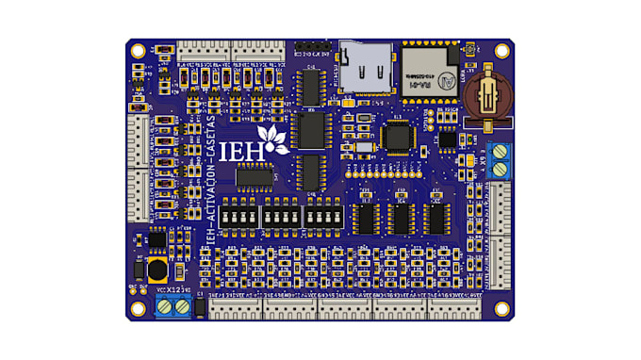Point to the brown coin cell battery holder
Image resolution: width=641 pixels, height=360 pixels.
488,95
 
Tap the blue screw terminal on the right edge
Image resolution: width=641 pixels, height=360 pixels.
501,161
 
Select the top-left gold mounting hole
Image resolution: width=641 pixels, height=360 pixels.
139,50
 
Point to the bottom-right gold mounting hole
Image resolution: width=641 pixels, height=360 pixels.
502,307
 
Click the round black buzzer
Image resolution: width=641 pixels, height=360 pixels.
154,271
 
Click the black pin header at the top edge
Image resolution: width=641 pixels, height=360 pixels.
312,45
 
